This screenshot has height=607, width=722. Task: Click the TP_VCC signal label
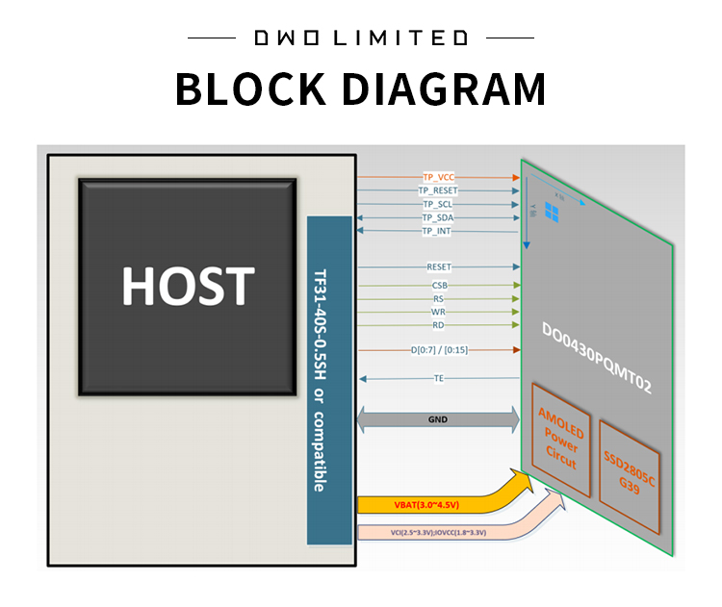tap(438, 178)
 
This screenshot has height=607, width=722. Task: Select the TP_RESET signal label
tap(438, 191)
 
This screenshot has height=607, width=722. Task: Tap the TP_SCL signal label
tap(437, 205)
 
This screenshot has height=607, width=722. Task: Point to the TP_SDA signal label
tap(437, 218)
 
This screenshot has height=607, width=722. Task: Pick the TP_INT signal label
tap(436, 232)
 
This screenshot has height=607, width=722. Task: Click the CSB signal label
tap(438, 286)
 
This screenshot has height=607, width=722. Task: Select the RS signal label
tap(438, 299)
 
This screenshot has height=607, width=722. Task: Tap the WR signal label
tap(438, 313)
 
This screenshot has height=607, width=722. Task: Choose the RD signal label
tap(438, 326)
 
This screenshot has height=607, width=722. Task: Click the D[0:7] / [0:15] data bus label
tap(438, 351)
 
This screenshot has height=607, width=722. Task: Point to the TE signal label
tap(438, 379)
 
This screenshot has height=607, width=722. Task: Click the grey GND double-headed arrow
tap(438, 419)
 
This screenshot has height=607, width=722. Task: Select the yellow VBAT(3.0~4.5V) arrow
tap(424, 504)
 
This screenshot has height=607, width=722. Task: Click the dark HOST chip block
tap(188, 286)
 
